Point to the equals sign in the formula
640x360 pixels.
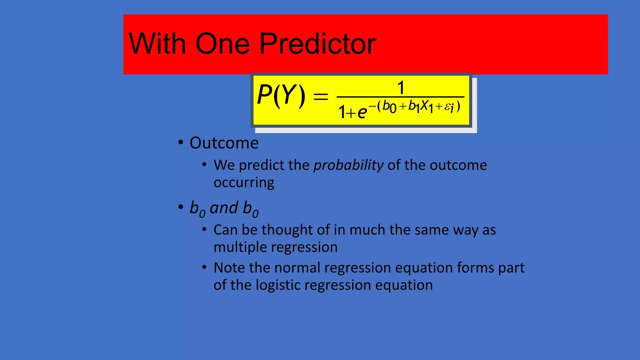(x=321, y=96)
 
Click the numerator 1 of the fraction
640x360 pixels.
(x=401, y=88)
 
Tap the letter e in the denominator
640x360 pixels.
(x=362, y=112)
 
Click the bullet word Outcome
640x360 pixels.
(x=224, y=143)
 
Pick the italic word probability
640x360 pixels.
(x=348, y=165)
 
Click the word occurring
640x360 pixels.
(x=244, y=182)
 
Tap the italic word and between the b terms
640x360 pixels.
(x=224, y=208)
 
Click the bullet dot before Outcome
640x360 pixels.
(x=180, y=142)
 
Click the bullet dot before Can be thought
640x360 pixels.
(x=204, y=230)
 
